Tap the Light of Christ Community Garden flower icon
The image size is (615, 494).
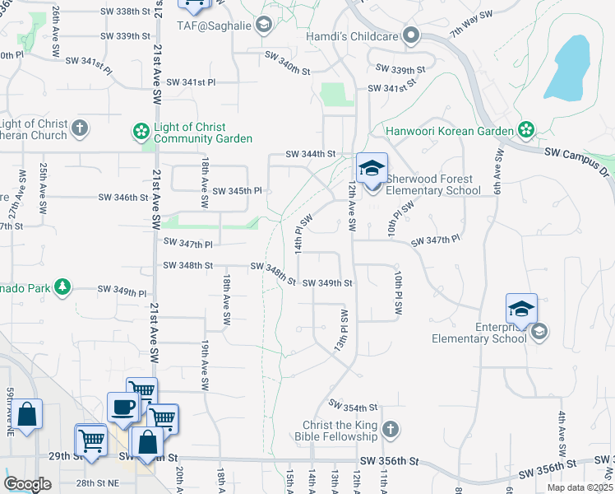pos(141,131)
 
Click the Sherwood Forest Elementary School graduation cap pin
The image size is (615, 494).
pos(372,170)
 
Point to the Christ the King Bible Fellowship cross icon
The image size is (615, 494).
pos(391,429)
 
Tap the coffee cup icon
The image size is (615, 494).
pos(123,408)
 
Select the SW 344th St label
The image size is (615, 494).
pos(311,154)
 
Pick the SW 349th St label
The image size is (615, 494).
pos(327,283)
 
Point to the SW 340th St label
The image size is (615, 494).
pos(287,60)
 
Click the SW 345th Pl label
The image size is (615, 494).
pos(237,191)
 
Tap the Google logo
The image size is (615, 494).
pos(28,484)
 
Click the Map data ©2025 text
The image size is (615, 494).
pos(580,487)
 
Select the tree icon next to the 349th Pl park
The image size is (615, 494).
pos(61,287)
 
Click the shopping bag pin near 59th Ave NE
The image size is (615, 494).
pos(27,415)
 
